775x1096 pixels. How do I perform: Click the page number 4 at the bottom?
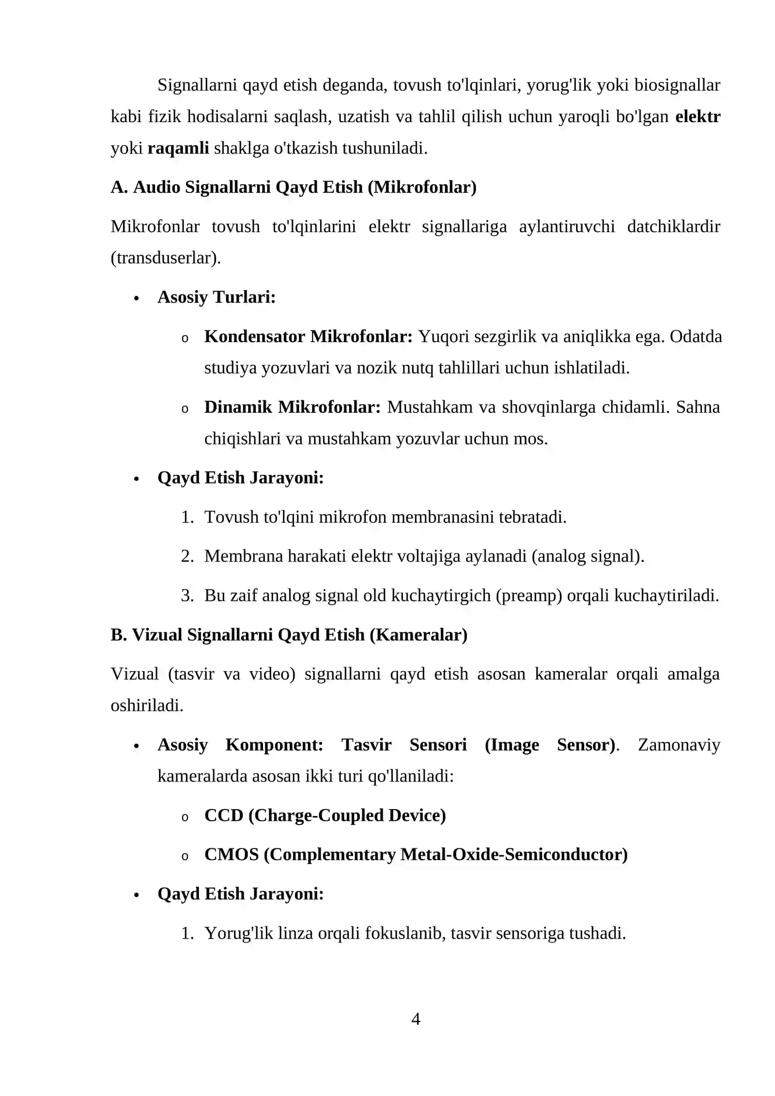click(415, 1019)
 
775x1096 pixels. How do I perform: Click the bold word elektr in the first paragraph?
click(697, 116)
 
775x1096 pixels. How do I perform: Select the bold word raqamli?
click(178, 148)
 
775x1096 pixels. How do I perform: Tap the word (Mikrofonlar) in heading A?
click(422, 187)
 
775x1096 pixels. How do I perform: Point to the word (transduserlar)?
click(165, 258)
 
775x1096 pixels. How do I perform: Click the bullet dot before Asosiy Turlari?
click(136, 298)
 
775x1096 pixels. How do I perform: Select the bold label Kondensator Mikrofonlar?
click(308, 336)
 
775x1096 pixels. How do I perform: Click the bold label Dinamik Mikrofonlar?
click(293, 407)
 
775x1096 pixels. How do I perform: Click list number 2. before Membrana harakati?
click(187, 556)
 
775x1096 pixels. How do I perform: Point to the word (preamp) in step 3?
click(528, 595)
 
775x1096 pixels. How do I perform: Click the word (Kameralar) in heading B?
click(418, 635)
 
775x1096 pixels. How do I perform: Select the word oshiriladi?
click(147, 705)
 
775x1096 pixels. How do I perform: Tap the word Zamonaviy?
click(679, 745)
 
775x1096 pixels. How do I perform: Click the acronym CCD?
click(223, 815)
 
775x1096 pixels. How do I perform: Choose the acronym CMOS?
click(231, 854)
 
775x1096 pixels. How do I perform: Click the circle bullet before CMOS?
click(185, 856)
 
